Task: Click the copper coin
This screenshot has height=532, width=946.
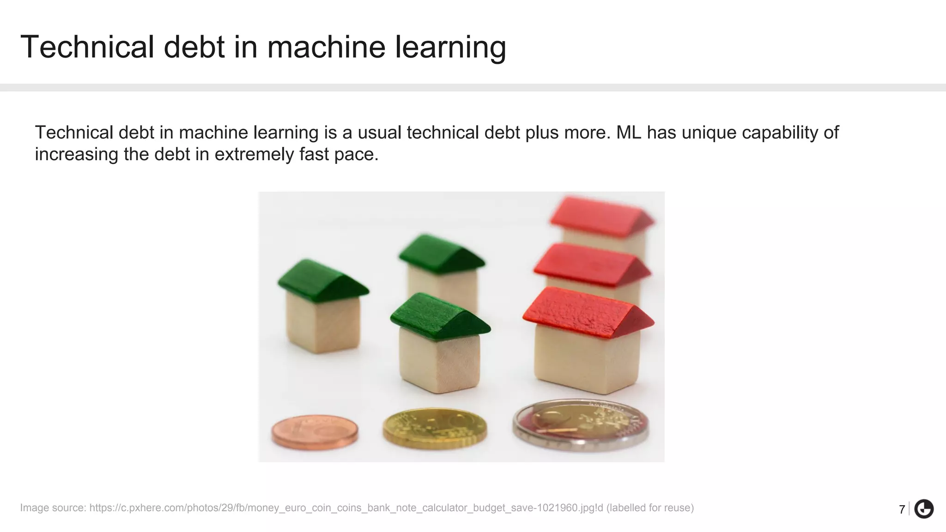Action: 315,432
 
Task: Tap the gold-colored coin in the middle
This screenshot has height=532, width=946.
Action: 435,428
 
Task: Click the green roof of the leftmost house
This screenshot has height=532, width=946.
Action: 322,280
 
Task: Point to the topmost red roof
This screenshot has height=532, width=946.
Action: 600,217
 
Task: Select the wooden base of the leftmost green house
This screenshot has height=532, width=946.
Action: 323,323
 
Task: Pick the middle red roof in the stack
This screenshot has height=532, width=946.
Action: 591,264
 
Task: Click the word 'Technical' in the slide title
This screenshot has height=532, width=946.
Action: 87,47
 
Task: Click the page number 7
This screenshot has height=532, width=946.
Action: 902,509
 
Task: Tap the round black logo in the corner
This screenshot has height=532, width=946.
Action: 924,509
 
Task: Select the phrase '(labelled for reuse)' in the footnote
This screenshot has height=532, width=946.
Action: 650,508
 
